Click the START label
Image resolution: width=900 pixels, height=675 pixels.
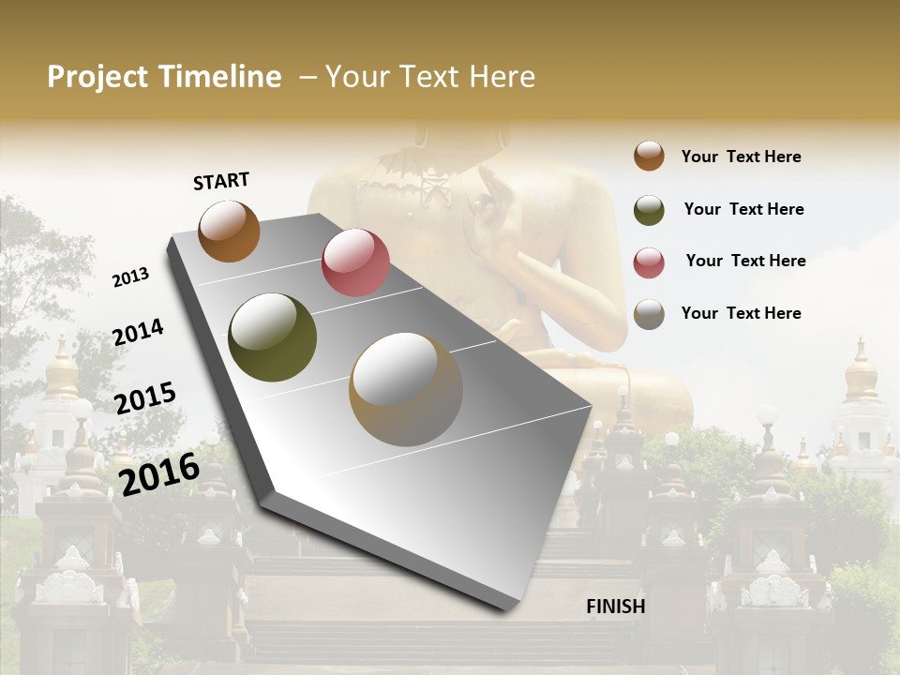point(221,181)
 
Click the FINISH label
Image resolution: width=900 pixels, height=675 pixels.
point(616,607)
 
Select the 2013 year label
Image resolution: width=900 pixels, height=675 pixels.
point(131,277)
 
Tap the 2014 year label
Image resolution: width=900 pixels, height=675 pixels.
point(139,333)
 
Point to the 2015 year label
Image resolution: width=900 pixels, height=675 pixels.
point(145,398)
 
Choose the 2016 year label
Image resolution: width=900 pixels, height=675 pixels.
point(159,473)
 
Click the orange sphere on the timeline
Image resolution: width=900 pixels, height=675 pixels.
point(229,231)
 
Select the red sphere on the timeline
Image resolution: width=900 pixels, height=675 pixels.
point(355,262)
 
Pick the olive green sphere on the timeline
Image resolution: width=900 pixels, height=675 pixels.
point(273,337)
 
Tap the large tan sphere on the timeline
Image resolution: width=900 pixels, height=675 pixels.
point(406,389)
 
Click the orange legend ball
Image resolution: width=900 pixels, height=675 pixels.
point(649,156)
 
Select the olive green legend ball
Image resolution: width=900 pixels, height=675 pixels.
point(649,210)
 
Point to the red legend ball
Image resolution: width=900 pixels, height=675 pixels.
point(649,262)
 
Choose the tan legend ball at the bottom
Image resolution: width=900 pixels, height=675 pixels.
point(649,314)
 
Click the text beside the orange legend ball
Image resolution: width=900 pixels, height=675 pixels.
point(741,157)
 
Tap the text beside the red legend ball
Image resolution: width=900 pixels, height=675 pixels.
point(745,261)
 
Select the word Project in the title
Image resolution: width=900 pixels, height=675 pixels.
point(98,77)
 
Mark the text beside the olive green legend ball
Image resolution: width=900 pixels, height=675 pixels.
point(743,209)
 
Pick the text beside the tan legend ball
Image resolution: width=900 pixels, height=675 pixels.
point(741,313)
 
